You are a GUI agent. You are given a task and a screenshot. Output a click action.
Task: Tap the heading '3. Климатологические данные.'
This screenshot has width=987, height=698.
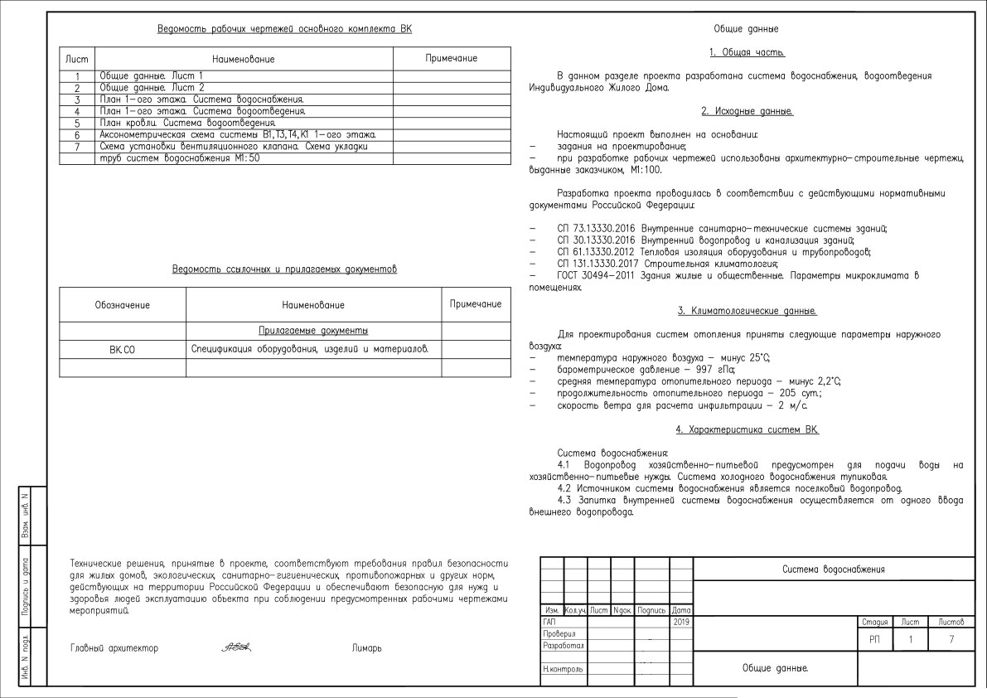(747, 311)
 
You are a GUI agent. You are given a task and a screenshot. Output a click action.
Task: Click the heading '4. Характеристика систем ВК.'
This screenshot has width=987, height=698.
(747, 429)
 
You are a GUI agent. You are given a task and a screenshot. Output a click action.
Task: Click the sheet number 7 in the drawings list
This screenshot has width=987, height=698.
(76, 147)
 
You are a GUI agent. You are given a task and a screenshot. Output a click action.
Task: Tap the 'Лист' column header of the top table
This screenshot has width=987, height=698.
(76, 61)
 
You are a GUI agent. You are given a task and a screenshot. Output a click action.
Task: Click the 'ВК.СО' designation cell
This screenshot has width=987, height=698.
(122, 351)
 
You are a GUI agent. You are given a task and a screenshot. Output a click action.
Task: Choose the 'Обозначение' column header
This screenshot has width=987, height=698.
(123, 306)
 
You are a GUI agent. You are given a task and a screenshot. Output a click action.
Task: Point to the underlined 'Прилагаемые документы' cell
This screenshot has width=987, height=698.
(313, 331)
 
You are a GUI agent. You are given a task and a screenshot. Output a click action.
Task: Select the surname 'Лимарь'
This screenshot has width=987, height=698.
(367, 648)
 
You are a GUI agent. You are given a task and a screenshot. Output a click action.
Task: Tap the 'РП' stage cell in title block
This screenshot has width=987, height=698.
(875, 639)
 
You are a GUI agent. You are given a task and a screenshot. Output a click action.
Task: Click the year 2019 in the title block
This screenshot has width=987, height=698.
(681, 621)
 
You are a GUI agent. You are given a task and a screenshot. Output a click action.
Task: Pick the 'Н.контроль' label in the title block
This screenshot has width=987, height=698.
(563, 667)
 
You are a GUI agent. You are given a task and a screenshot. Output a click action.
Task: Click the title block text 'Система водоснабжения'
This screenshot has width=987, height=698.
(833, 570)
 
